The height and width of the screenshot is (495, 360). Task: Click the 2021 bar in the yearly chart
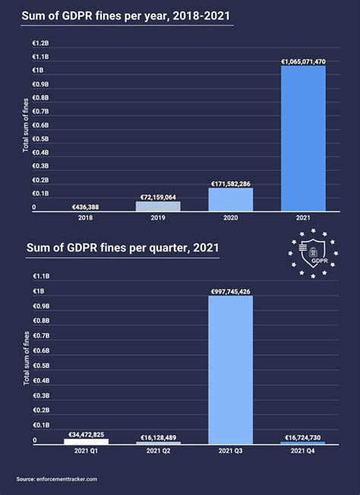[303, 138]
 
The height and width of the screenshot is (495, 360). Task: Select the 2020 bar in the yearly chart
[230, 200]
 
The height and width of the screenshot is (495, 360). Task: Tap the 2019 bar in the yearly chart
[158, 206]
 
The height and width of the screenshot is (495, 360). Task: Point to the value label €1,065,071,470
[303, 61]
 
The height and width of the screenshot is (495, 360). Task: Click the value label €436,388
[85, 207]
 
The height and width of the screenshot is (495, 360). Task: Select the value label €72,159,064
[158, 196]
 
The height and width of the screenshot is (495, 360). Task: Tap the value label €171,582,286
[230, 183]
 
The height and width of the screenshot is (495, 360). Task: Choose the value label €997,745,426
[230, 291]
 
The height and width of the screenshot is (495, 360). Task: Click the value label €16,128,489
[158, 437]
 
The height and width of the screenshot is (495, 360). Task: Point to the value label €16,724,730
[303, 437]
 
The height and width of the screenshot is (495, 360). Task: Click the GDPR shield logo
[313, 253]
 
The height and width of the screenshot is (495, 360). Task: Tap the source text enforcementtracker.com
[57, 479]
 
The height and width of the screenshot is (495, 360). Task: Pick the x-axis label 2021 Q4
[303, 451]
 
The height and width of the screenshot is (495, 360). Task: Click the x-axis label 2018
[85, 217]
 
